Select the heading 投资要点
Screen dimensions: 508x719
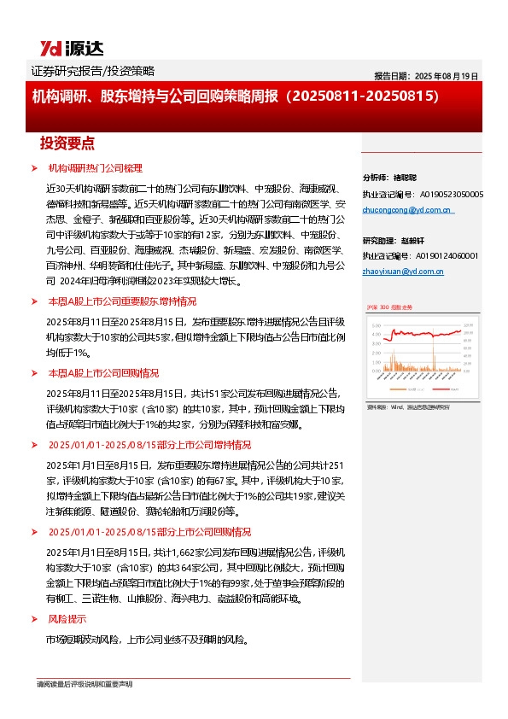pos(67,143)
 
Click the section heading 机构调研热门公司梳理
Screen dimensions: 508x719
pos(95,168)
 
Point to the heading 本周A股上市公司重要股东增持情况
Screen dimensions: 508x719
pos(121,301)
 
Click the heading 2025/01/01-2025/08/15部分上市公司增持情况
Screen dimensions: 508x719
pos(149,445)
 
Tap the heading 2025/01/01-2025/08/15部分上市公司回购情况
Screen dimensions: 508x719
pos(149,530)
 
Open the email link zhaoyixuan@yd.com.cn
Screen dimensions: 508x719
pos(403,271)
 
